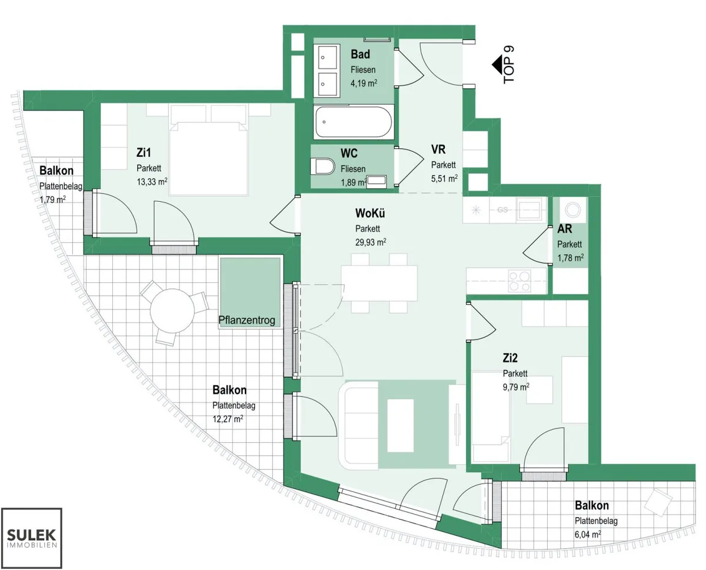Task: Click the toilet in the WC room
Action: point(322,166)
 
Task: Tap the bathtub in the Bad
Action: point(354,122)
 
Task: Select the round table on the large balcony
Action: point(172,311)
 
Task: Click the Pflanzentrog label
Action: point(247,320)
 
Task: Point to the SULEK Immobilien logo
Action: point(32,538)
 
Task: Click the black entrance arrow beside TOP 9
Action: point(497,65)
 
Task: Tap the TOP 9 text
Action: point(509,65)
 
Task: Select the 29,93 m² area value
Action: point(371,242)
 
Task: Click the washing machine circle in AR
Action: point(573,210)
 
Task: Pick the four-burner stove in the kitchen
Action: point(519,281)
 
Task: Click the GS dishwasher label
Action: point(502,210)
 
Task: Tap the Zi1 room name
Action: point(144,152)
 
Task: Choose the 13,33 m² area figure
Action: point(152,182)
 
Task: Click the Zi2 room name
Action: point(510,358)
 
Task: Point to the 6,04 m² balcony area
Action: point(588,535)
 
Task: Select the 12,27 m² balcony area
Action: point(228,419)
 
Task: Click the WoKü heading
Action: point(370,213)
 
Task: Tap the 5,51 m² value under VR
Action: point(444,179)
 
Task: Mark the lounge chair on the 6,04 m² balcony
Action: point(658,502)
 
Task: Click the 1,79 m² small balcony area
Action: point(53,199)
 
